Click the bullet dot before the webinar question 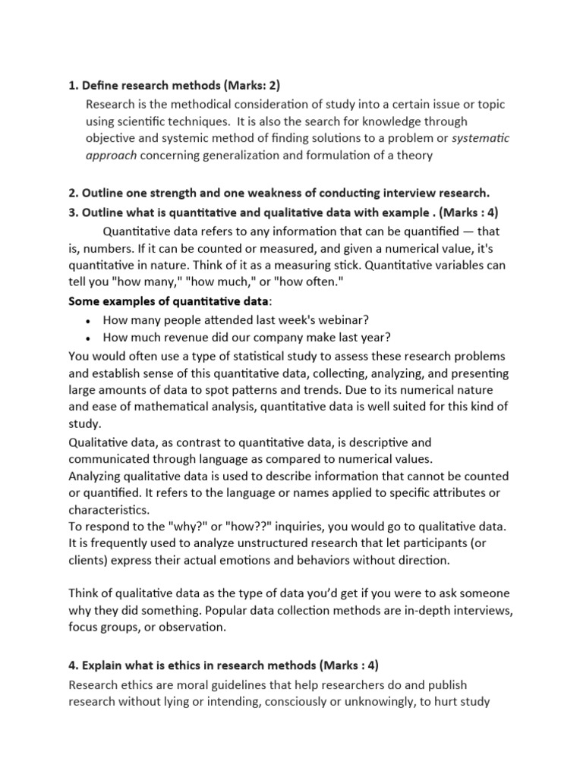pyautogui.click(x=90, y=320)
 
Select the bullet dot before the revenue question pyautogui.click(x=90, y=338)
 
